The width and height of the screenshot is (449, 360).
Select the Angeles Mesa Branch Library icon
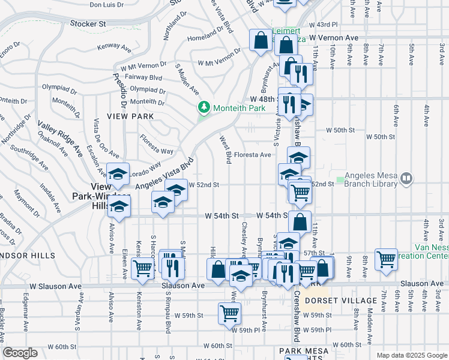tap(406, 178)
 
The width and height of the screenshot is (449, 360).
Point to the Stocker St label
tap(88, 23)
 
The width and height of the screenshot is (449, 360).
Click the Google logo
tap(21, 353)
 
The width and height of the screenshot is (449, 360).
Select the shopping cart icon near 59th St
tap(229, 312)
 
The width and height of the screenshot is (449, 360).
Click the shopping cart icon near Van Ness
tap(386, 259)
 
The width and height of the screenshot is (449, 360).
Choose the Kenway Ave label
tap(114, 45)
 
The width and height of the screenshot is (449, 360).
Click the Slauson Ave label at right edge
tap(421, 283)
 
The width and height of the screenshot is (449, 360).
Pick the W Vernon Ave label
tap(334, 37)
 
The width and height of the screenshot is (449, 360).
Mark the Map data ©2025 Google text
tap(411, 355)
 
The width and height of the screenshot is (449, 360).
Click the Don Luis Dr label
tap(106, 4)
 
